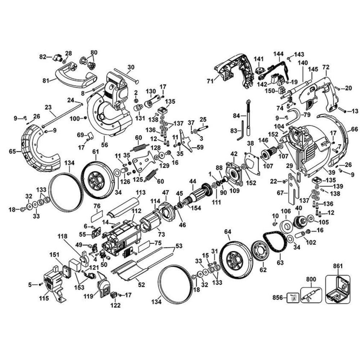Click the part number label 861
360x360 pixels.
pyautogui.click(x=338, y=267)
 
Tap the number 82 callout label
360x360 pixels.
pyautogui.click(x=43, y=57)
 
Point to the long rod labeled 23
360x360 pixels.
pyautogui.click(x=61, y=115)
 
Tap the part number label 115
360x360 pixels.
pyautogui.click(x=44, y=298)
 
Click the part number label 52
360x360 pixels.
pyautogui.click(x=141, y=285)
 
